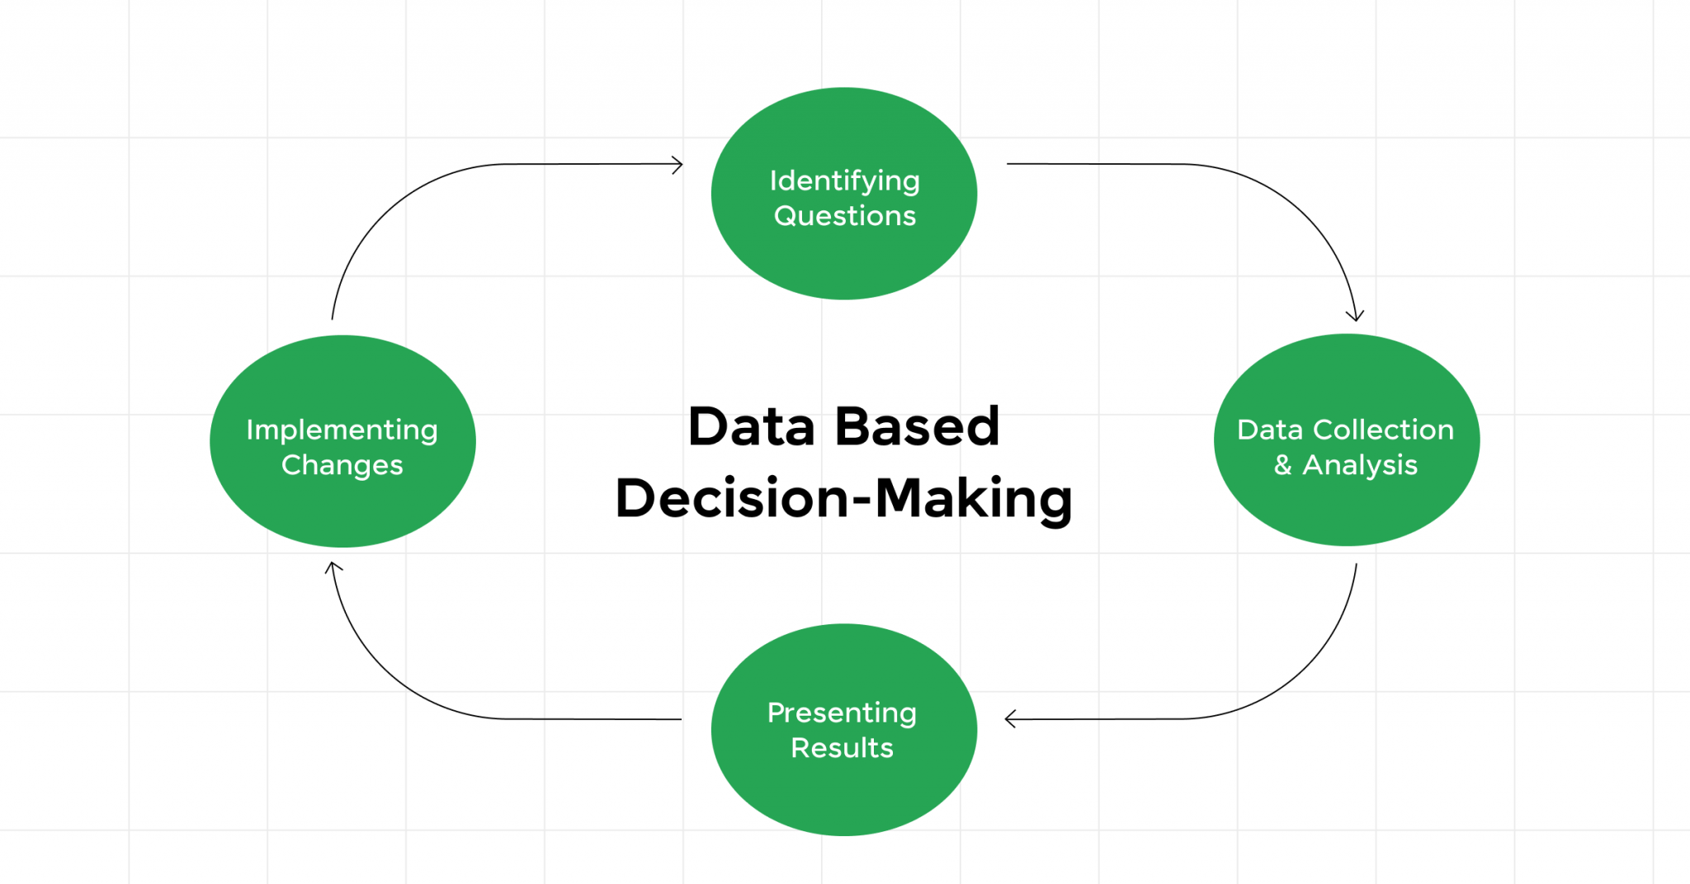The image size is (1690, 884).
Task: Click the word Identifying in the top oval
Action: (x=844, y=181)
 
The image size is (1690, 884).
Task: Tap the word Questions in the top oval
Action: (x=844, y=216)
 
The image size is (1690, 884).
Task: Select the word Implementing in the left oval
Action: (x=342, y=430)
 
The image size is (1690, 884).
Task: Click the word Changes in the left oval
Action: (x=342, y=466)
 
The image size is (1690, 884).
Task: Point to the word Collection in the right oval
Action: (x=1383, y=430)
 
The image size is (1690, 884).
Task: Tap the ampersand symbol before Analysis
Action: (x=1282, y=465)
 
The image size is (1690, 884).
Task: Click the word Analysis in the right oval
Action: (x=1360, y=466)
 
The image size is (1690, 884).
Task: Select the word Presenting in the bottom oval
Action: (x=842, y=713)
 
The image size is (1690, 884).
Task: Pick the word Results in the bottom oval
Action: (x=842, y=748)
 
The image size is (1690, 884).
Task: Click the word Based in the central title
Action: (x=917, y=427)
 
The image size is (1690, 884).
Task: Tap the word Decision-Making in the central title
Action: (x=843, y=499)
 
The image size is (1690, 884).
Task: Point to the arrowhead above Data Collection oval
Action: (x=1355, y=315)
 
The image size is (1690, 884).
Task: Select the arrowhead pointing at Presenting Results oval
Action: (x=1010, y=719)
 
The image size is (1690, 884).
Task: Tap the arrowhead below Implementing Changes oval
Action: (x=333, y=567)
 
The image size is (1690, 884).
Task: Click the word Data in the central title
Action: (x=751, y=427)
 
